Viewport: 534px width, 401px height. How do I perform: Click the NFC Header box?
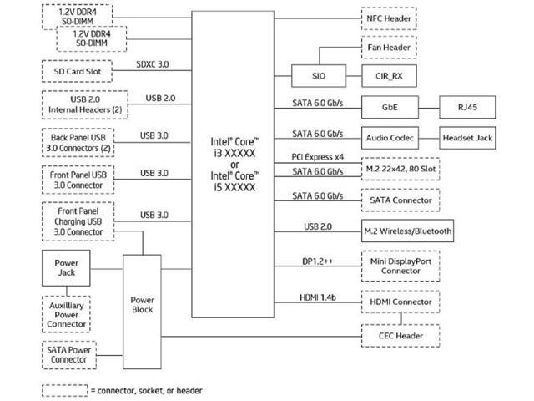coord(389,18)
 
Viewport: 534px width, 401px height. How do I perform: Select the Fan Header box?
coord(389,48)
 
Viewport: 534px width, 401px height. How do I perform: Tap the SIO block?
coord(319,76)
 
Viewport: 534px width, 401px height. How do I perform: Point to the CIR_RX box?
coord(390,76)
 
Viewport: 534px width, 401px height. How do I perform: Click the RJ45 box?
coord(467,107)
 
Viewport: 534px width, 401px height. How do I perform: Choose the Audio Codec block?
coord(390,138)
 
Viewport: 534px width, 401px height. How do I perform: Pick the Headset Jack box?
coord(467,138)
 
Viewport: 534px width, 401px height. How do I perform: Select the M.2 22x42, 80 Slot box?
coord(400,169)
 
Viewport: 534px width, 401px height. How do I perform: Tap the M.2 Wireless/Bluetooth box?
coord(408,231)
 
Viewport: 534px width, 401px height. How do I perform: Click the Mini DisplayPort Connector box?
coord(400,266)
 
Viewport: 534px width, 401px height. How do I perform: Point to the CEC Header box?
coord(400,336)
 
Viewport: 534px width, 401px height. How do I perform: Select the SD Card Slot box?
coord(78,71)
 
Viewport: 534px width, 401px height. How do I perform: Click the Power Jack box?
coord(67,268)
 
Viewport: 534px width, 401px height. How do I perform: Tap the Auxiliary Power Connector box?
coord(67,314)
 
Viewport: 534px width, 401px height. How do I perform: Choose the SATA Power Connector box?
coord(69,355)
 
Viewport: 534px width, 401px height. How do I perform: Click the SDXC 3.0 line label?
coord(153,64)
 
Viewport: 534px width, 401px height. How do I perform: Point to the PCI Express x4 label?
coord(318,157)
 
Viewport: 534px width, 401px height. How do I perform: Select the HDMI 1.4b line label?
coord(318,297)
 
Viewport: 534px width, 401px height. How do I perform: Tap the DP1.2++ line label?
coord(318,261)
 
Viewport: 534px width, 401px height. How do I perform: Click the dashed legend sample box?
coord(65,391)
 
